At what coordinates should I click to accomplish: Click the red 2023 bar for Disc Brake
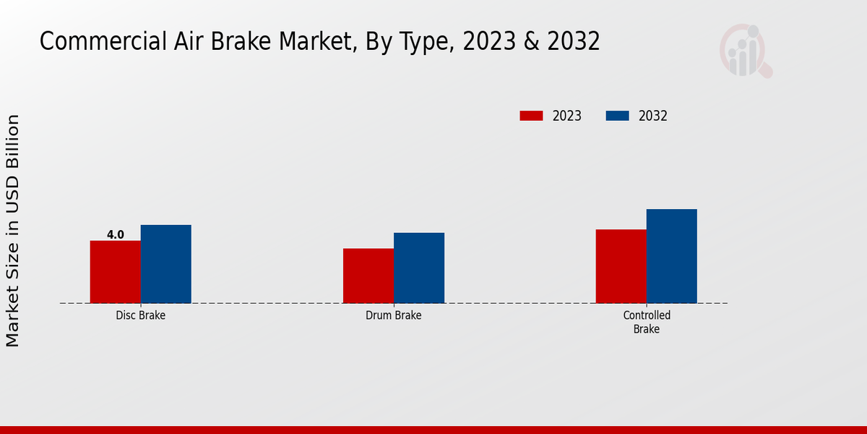(115, 272)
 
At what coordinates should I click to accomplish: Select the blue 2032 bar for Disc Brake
(165, 264)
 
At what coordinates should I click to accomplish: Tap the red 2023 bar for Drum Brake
(368, 276)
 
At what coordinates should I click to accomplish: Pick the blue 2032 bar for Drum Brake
(419, 268)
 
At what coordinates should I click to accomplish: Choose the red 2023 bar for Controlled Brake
(621, 266)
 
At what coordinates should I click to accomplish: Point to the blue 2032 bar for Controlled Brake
(671, 256)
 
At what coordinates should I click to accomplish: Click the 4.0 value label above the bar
(115, 234)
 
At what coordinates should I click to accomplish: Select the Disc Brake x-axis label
(140, 315)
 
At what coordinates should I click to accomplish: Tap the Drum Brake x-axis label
(393, 315)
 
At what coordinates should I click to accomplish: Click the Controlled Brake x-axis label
(647, 322)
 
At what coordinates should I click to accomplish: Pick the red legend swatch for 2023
(531, 116)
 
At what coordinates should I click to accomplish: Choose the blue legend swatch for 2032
(617, 116)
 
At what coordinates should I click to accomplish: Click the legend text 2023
(566, 116)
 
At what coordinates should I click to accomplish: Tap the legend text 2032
(652, 116)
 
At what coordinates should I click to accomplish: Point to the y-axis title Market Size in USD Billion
(14, 230)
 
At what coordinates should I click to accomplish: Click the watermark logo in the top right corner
(745, 51)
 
